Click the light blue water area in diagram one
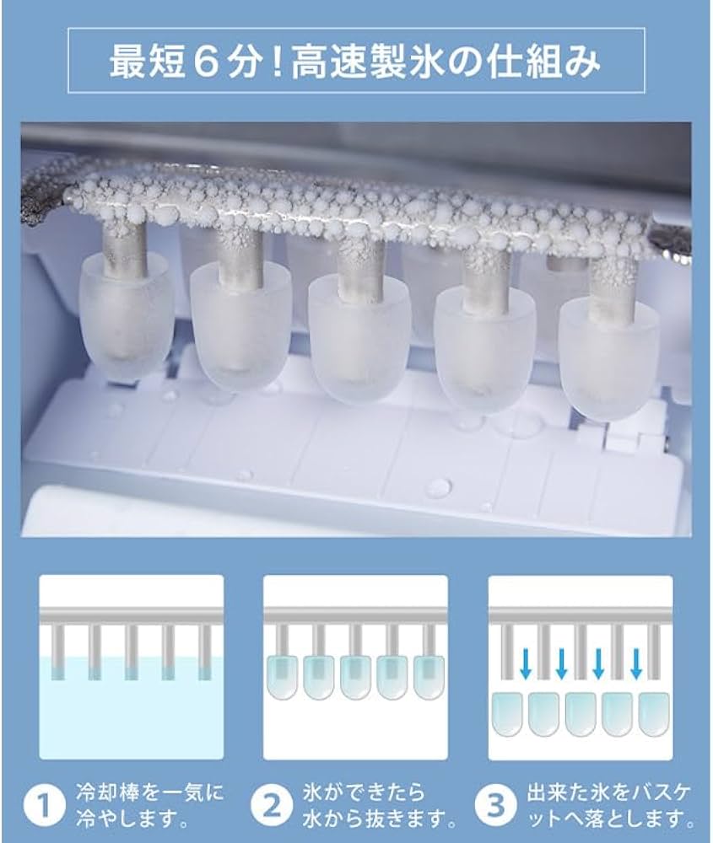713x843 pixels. (x=131, y=717)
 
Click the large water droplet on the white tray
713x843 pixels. (x=438, y=488)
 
